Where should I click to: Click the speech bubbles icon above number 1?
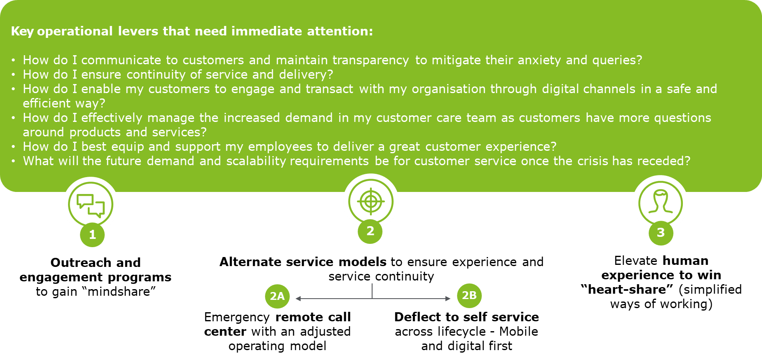point(91,205)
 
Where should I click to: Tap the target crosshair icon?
point(370,202)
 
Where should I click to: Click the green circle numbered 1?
point(92,235)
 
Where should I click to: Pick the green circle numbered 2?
point(370,231)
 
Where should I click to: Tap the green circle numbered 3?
point(661,233)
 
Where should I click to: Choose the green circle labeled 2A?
point(277,296)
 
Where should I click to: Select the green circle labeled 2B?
point(469,295)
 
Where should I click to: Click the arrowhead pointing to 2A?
point(298,299)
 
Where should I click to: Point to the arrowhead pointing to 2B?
point(448,299)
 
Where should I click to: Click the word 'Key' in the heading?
point(22,31)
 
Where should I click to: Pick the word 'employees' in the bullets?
point(280,147)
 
